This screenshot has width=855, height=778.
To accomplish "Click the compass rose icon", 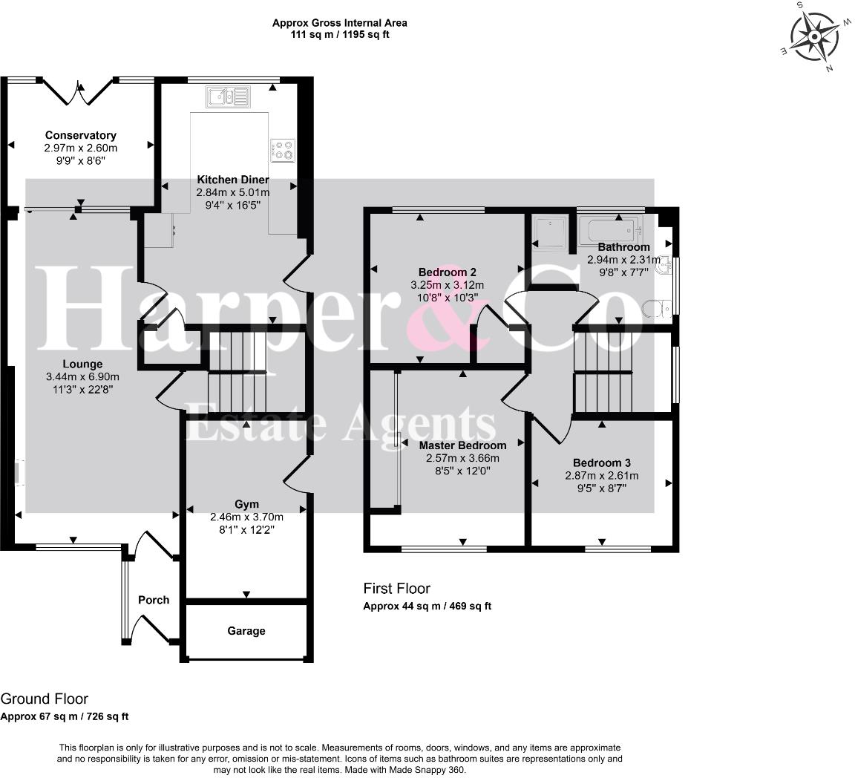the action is click(x=814, y=37).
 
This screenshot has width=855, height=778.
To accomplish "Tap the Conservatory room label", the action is click(x=81, y=135).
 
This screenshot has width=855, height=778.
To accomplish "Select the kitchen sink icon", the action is click(x=228, y=97).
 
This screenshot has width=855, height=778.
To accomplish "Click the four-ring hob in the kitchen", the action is click(x=283, y=151).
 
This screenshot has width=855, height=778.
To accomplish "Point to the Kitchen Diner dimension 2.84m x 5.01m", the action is click(x=233, y=192).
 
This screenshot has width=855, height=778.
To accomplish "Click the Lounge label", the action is click(x=82, y=364).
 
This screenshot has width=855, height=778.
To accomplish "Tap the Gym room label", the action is click(x=246, y=504).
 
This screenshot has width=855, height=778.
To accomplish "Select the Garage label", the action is click(x=246, y=631).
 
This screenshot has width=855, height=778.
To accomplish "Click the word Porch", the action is click(x=154, y=600).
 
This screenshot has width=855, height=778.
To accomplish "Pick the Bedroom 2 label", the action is click(x=447, y=272).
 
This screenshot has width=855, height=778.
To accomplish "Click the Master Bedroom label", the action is click(x=462, y=445).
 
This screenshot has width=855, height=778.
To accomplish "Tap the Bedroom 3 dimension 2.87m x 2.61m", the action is click(x=602, y=476).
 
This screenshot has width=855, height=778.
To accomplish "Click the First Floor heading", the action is click(x=397, y=589).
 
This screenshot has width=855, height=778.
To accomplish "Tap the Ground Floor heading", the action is click(x=45, y=699).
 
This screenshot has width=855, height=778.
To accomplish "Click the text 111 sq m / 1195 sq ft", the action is click(x=340, y=35).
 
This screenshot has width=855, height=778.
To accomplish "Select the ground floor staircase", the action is click(x=237, y=371).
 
